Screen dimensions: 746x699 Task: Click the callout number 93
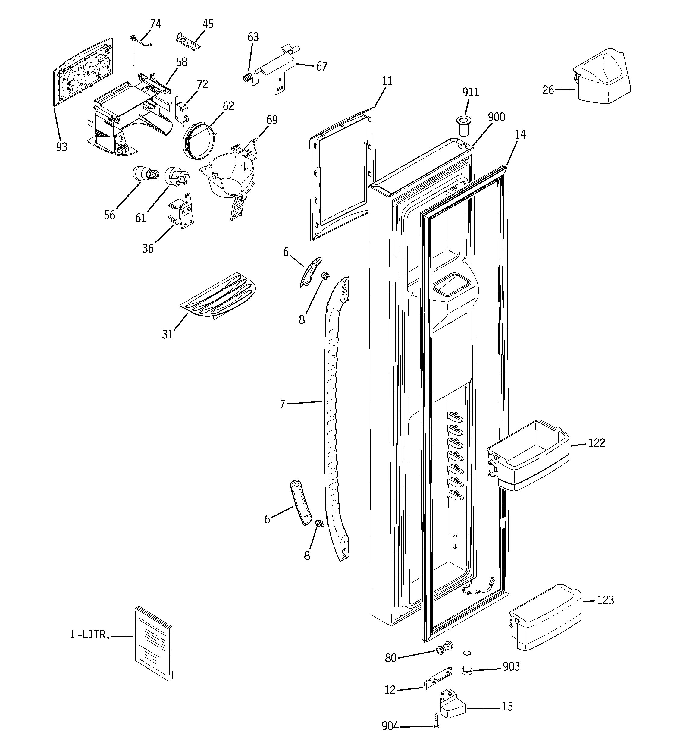pyautogui.click(x=61, y=147)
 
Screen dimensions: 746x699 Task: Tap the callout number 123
pyautogui.click(x=605, y=600)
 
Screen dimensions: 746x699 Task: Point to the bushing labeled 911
pyautogui.click(x=465, y=127)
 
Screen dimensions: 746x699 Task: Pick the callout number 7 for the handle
pyautogui.click(x=283, y=404)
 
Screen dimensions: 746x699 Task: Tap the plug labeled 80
pyautogui.click(x=445, y=647)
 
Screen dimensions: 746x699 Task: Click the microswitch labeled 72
pyautogui.click(x=181, y=112)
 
